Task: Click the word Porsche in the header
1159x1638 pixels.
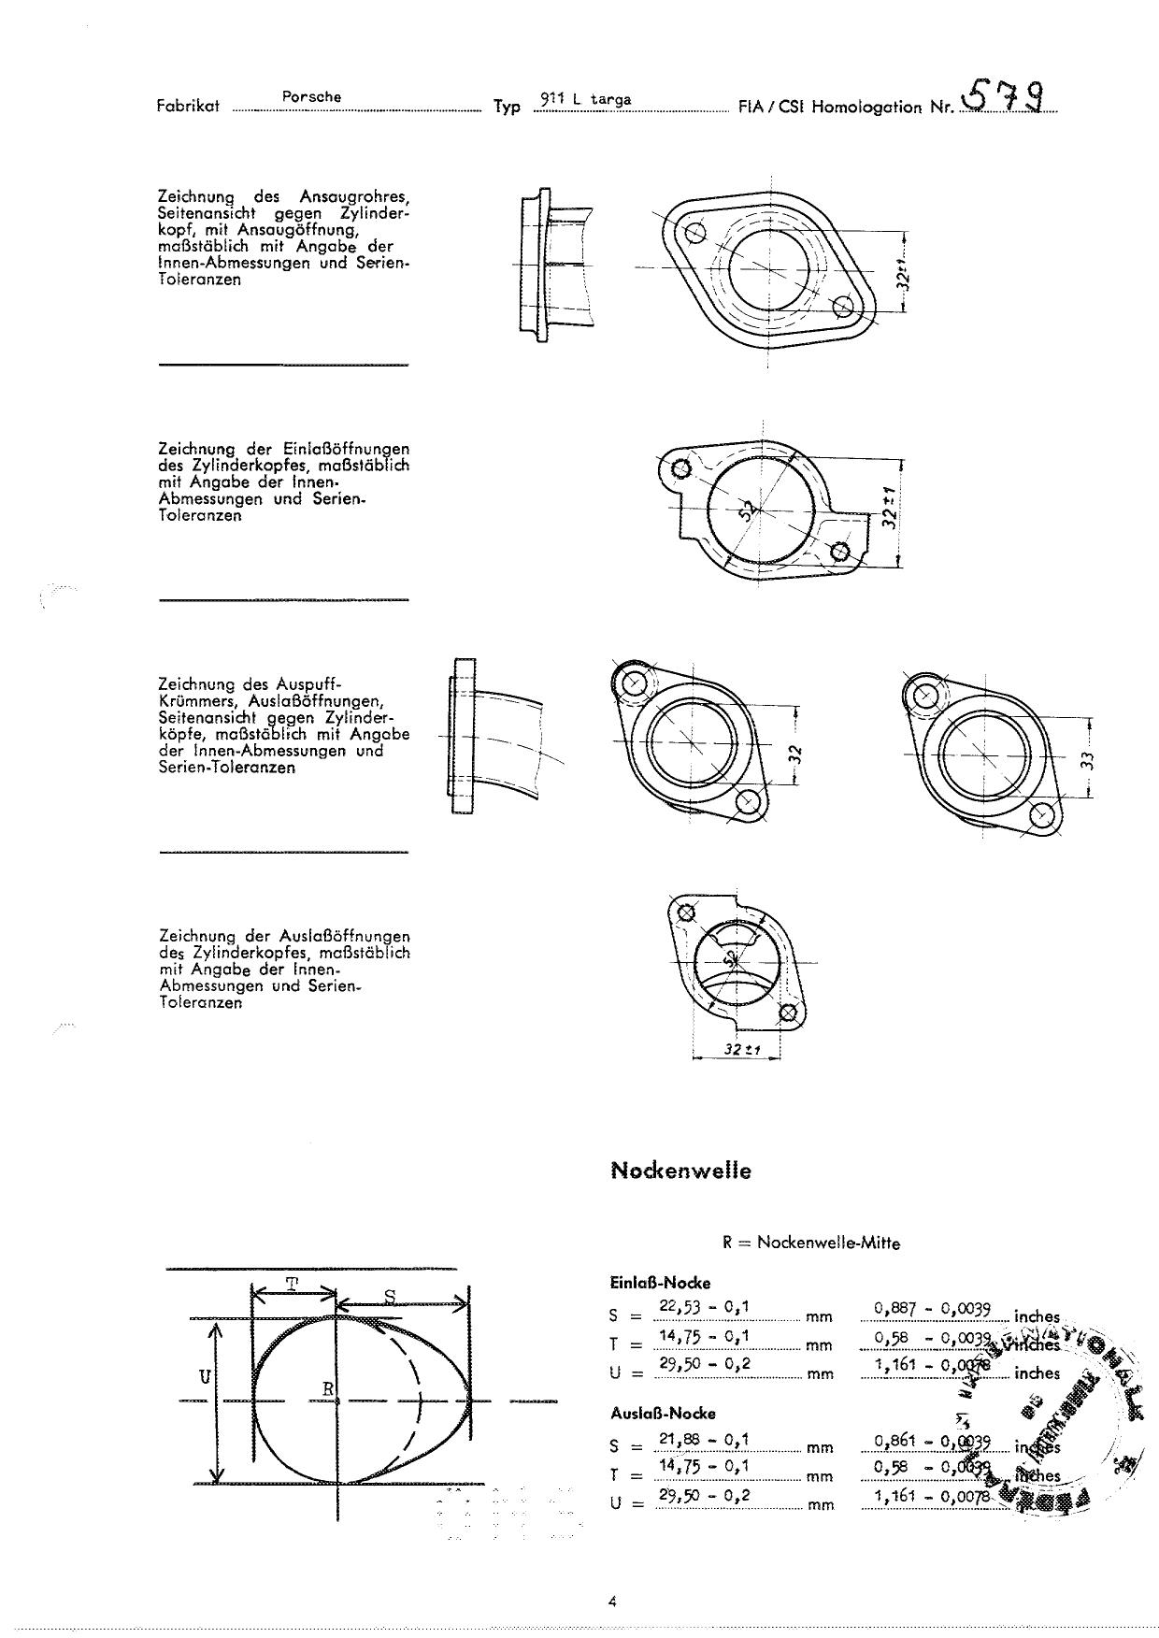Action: (x=311, y=96)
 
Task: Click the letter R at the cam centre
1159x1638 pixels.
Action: (x=328, y=1388)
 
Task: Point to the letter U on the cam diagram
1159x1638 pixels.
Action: (x=205, y=1376)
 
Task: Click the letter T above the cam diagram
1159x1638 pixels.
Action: (x=293, y=1284)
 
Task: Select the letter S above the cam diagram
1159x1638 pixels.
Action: (x=391, y=1296)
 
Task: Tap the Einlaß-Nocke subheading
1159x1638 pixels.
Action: (x=660, y=1283)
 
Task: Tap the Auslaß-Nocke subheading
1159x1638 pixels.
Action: (x=662, y=1413)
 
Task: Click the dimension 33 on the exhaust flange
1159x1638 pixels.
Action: (x=1086, y=759)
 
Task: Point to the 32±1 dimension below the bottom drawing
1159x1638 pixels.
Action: (x=739, y=1050)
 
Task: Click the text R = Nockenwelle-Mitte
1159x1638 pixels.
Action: (x=810, y=1243)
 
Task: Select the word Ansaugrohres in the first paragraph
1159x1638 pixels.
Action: (x=355, y=196)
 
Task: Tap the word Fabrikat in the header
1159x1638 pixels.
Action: (x=188, y=106)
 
